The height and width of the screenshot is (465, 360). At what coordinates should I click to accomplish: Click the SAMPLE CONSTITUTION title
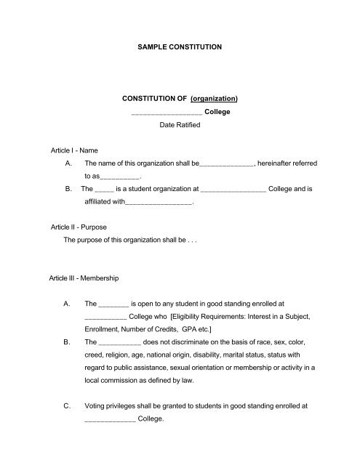coord(179,47)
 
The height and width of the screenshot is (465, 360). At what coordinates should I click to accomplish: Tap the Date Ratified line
coord(180,126)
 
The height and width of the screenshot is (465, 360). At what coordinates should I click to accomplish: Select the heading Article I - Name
coord(70,150)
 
